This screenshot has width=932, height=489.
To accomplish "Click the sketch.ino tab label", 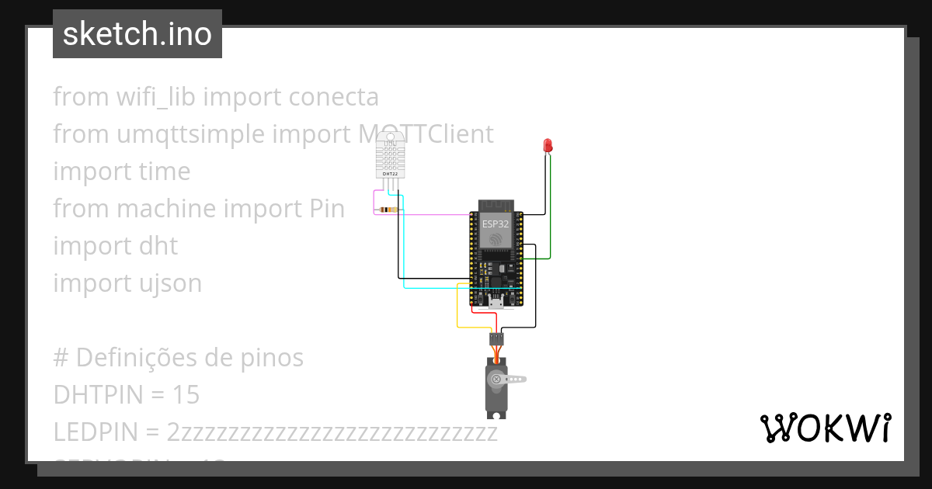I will pos(137,34).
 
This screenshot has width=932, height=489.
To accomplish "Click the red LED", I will pos(548,145).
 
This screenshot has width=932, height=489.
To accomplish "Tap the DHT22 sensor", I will pos(391,154).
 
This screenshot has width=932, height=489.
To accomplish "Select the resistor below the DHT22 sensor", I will pos(388,210).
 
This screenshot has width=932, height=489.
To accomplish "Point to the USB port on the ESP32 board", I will pos(493,301).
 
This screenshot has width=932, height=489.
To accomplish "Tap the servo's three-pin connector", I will pos(496,338).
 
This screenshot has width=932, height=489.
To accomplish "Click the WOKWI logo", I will pos(825,428).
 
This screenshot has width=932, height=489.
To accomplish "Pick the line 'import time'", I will pos(121,172).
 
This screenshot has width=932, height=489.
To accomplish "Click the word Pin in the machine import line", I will pos(322,209).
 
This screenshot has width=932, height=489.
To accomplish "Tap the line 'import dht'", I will pos(115,246).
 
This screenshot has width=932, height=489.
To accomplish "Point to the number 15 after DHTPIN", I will pos(186,395).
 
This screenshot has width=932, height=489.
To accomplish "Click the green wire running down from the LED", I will pos(551,210).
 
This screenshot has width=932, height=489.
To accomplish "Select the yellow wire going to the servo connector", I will pos(457,310).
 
